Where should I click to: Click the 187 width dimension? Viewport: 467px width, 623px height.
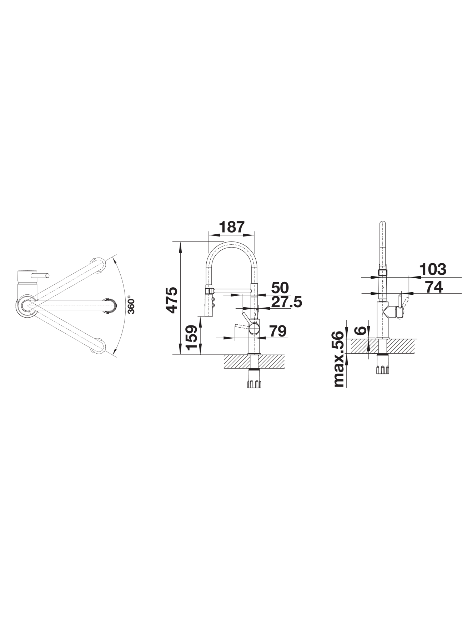coord(232,227)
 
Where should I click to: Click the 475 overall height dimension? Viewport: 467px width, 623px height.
coord(173,300)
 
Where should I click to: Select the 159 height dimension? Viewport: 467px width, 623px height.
coord(192,337)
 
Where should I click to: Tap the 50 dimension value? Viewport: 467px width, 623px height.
coord(280,288)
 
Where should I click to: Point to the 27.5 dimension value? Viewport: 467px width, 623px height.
coord(286,302)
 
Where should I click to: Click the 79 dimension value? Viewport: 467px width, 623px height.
coord(278,331)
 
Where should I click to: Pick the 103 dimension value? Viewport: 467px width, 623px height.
coord(433,269)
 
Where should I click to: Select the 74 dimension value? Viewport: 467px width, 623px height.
coord(434,287)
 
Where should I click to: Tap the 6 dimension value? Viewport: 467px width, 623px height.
coord(361,330)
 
